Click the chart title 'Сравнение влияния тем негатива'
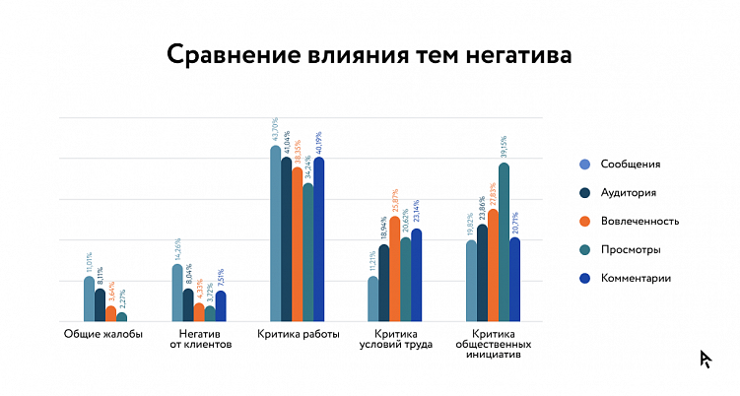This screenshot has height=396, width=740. pyautogui.click(x=369, y=53)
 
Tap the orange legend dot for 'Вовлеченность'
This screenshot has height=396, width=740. pyautogui.click(x=585, y=222)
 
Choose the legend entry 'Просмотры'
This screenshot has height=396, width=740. pyautogui.click(x=632, y=250)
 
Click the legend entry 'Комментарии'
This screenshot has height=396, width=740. pyautogui.click(x=637, y=279)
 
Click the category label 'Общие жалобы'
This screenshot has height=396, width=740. pyautogui.click(x=103, y=334)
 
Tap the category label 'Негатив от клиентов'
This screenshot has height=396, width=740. pyautogui.click(x=200, y=340)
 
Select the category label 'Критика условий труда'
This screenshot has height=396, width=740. pyautogui.click(x=395, y=340)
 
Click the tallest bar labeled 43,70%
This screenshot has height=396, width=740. pyautogui.click(x=276, y=233)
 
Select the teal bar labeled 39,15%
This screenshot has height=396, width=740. pyautogui.click(x=504, y=241)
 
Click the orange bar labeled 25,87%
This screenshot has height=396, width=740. pyautogui.click(x=395, y=269)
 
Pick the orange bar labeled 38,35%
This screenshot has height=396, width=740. pyautogui.click(x=298, y=244)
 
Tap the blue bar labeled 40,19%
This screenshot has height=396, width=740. pyautogui.click(x=318, y=239)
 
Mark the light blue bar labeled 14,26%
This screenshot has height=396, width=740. pyautogui.click(x=177, y=293)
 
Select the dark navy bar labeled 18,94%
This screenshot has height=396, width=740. pyautogui.click(x=384, y=283)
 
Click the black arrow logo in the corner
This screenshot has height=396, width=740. pyautogui.click(x=706, y=359)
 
